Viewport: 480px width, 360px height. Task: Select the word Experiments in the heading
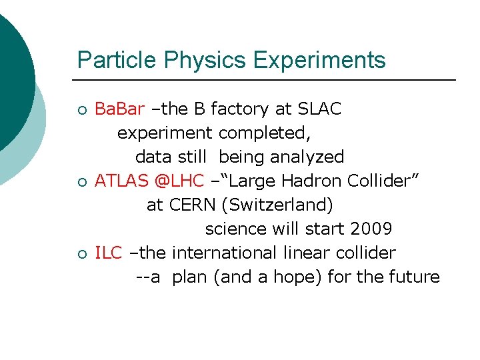coord(319,60)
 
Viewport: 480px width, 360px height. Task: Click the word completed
coord(264,133)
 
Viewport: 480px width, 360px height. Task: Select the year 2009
coord(371,229)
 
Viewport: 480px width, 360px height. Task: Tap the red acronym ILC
coord(109,253)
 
